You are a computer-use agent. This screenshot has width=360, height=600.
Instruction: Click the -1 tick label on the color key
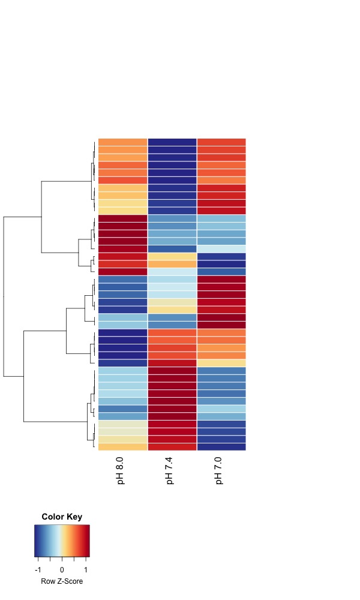click(x=38, y=569)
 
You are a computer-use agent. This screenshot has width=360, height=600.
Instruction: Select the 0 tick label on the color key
click(x=62, y=569)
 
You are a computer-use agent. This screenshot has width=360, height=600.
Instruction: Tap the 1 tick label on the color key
click(x=85, y=569)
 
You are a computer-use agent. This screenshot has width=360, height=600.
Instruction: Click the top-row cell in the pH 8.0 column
click(x=122, y=142)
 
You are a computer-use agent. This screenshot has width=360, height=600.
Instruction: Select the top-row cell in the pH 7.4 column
click(x=172, y=142)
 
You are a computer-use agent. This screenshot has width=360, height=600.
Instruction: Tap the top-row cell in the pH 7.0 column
click(x=221, y=142)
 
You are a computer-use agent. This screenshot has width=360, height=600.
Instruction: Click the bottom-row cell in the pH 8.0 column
click(x=122, y=446)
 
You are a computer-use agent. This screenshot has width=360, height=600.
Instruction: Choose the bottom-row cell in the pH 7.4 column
click(x=172, y=446)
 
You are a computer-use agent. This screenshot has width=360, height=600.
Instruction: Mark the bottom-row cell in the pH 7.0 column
click(x=221, y=446)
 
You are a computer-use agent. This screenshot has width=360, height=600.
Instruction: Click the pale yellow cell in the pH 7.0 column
click(x=221, y=362)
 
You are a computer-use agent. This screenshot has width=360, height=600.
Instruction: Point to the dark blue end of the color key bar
click(x=37, y=533)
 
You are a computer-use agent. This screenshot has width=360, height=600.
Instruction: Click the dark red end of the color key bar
click(x=87, y=533)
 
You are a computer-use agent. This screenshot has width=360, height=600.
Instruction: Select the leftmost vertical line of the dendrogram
click(x=4, y=296)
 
